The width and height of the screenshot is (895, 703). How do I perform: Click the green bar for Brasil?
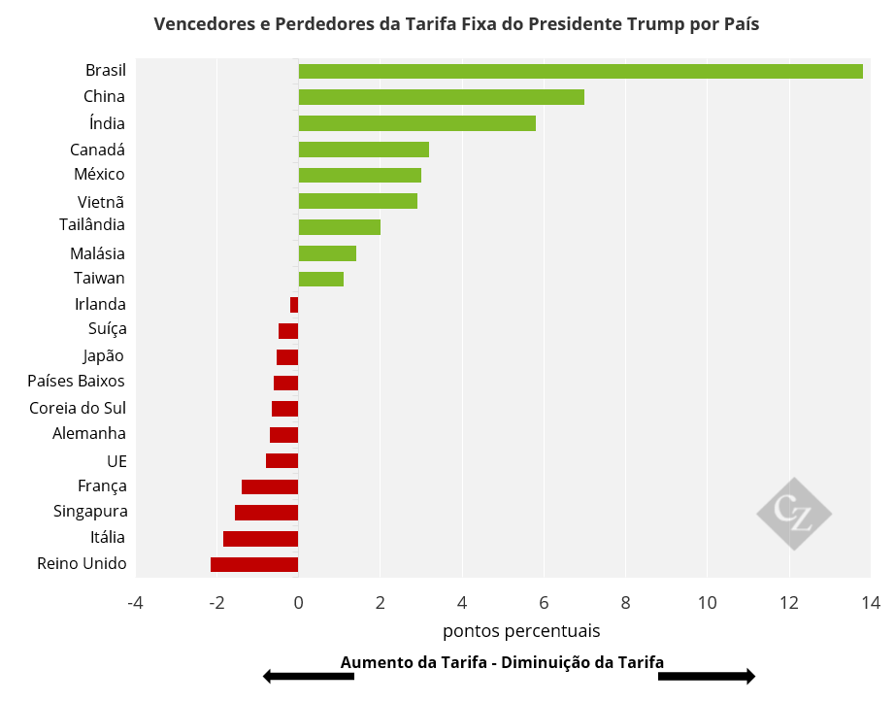coord(580,71)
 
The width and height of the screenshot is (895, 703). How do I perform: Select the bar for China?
coord(441,97)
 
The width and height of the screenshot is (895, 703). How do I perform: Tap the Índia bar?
coord(416,123)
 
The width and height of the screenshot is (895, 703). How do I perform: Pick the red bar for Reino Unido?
coord(254,564)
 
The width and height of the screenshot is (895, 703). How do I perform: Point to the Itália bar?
coord(260,539)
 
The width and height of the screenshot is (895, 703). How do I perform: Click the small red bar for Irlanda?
coord(294,305)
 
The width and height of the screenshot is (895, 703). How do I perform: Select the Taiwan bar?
coord(320,279)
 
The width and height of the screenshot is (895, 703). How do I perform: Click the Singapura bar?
coord(266,513)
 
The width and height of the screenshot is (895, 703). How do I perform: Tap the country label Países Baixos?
coord(76,381)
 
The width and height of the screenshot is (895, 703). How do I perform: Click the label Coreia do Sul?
coord(78,408)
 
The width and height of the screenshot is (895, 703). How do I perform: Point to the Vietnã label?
coord(101,202)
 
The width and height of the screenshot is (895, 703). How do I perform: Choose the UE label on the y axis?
coord(116,460)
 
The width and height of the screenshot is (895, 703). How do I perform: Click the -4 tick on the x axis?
coord(135,603)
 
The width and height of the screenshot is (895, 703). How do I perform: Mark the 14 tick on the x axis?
coord(870,603)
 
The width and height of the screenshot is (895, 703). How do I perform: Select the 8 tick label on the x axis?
coord(625,603)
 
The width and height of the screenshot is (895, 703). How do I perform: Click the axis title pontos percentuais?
coord(521,631)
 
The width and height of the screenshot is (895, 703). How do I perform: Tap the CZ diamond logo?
coord(794,514)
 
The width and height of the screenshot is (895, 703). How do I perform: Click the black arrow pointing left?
coord(308,676)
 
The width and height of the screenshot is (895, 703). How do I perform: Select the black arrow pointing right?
coord(707,676)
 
